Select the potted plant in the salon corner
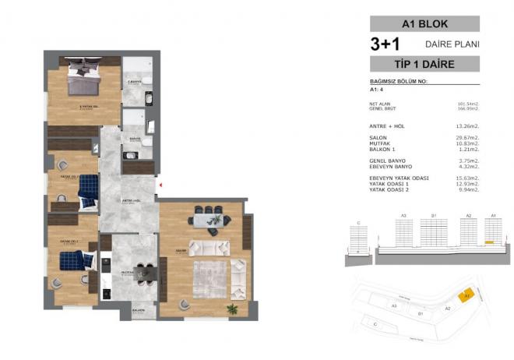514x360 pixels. (231, 309)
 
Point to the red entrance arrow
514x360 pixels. (159, 185)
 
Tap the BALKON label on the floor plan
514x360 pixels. (138, 310)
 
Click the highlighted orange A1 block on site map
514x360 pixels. (465, 296)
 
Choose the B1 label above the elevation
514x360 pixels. (435, 214)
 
